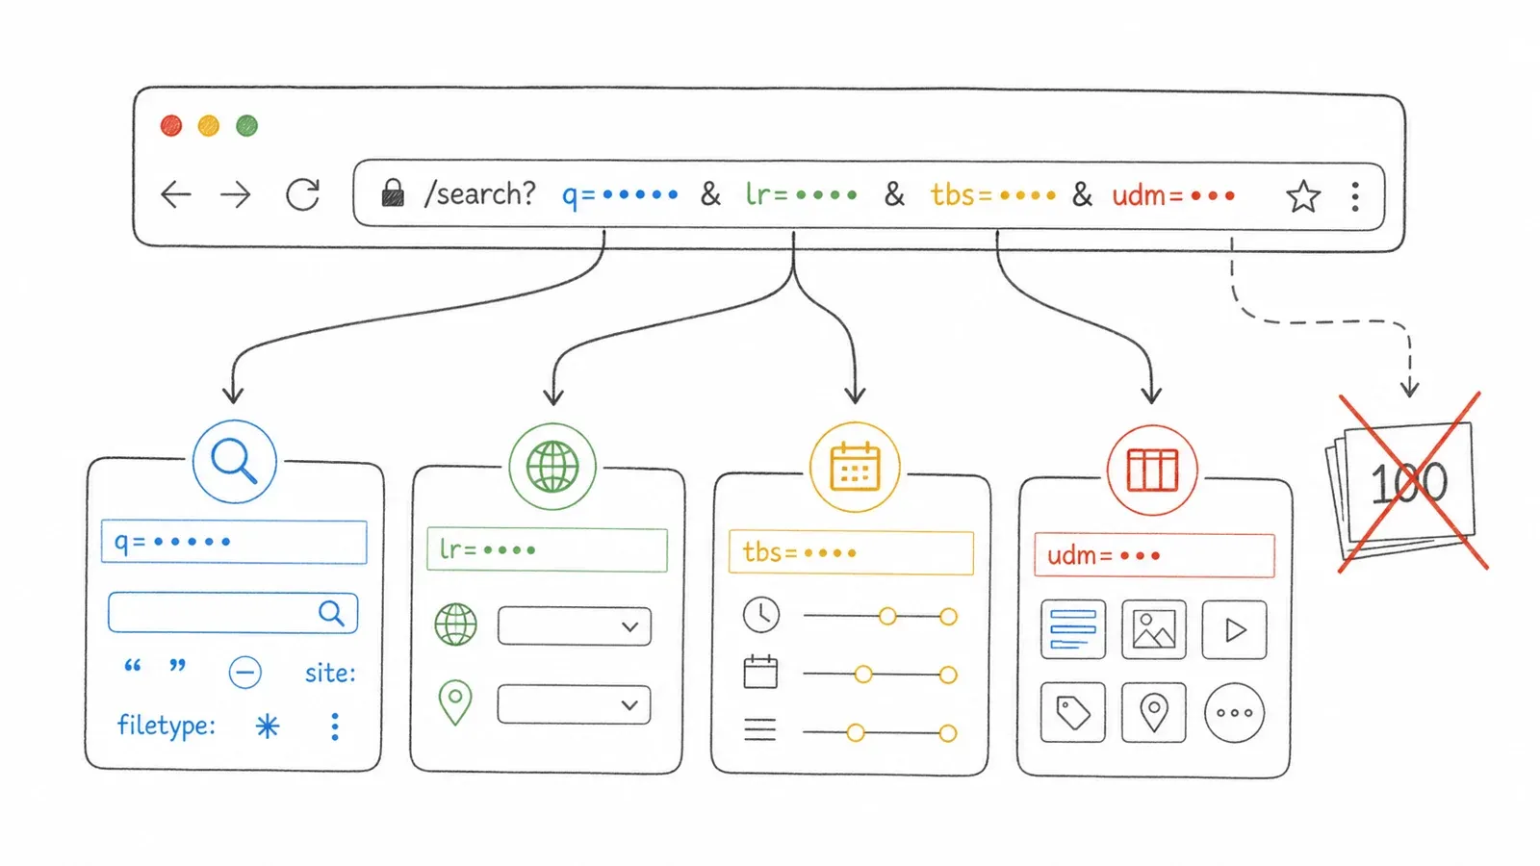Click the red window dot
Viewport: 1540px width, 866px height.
pos(171,126)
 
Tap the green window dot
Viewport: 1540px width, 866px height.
pos(246,126)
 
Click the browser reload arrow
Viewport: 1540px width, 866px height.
pos(303,194)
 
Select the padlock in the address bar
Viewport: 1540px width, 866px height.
pos(393,192)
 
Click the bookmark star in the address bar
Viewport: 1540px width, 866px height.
pos(1303,196)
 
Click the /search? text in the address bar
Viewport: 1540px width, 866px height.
pos(480,193)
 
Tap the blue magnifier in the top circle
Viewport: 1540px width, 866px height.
pos(235,461)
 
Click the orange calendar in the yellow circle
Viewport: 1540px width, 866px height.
pos(855,467)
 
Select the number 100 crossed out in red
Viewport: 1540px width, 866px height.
pos(1409,482)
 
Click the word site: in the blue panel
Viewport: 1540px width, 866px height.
pos(331,673)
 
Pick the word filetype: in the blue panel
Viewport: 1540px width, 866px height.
pos(167,726)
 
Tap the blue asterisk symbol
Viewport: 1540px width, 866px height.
pos(268,726)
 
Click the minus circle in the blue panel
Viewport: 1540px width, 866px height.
pos(244,672)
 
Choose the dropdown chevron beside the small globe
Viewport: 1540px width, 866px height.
pos(629,626)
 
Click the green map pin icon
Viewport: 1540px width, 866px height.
pos(455,701)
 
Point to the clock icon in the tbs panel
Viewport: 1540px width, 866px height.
pos(761,615)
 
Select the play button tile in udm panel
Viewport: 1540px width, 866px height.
pos(1234,629)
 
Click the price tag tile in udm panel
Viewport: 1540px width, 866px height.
pos(1072,712)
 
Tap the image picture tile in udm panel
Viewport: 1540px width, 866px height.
pos(1154,629)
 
